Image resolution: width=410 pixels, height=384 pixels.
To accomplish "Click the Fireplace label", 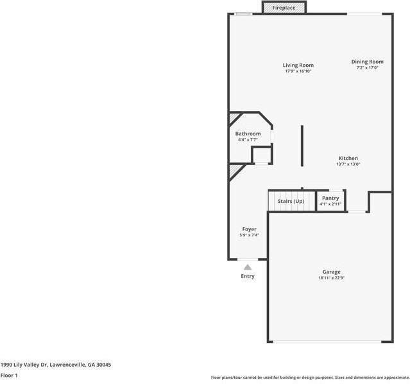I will (284, 8).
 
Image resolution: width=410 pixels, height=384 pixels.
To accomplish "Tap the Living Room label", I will (298, 65).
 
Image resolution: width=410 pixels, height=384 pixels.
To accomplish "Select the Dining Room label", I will (367, 62).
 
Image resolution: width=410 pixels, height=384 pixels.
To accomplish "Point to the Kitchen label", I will (348, 158).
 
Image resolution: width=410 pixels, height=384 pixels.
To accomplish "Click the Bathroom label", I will (248, 134).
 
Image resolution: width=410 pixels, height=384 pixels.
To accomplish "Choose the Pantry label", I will (330, 198).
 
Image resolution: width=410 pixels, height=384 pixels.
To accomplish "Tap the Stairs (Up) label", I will (291, 201).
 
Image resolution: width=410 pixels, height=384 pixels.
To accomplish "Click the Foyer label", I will (249, 229).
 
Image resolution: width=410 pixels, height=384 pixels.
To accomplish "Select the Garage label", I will (331, 272).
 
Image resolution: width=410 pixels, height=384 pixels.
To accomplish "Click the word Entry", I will (248, 276).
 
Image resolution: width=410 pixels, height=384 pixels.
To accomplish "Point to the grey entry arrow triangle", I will (248, 266).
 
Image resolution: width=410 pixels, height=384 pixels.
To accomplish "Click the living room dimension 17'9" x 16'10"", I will (298, 71).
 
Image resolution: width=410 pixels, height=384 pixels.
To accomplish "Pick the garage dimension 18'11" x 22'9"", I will (331, 278).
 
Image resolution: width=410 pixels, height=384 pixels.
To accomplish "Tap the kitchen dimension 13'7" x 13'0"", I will (348, 164).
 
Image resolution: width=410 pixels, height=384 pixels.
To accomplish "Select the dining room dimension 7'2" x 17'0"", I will (367, 67).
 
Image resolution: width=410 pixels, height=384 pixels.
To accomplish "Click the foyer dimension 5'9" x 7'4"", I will (249, 235).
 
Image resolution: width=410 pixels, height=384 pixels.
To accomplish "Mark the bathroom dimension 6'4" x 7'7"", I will (248, 139).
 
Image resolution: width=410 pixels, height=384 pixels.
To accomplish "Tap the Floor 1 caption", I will (9, 375).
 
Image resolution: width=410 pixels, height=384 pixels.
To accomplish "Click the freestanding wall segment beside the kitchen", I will (302, 146).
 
